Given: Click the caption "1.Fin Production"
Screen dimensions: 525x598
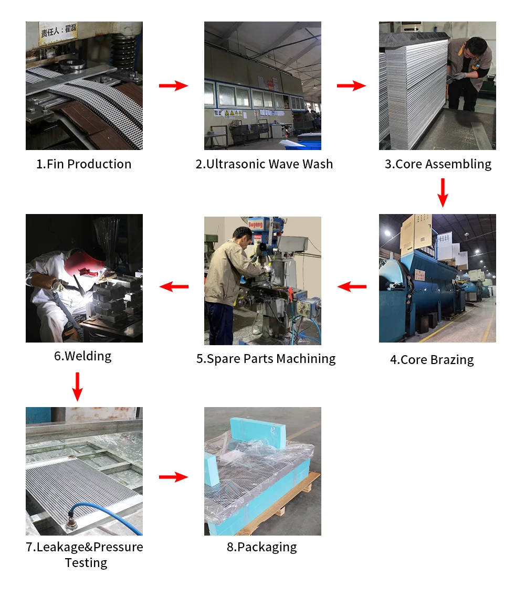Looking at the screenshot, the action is click(83, 164).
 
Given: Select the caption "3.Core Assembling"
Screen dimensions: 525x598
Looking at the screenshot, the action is click(438, 164).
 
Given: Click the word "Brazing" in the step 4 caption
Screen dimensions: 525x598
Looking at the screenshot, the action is click(452, 360).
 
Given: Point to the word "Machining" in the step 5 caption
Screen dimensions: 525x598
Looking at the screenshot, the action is click(306, 359).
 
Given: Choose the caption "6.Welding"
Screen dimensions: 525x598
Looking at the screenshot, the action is click(83, 356).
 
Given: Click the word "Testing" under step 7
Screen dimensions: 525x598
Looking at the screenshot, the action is click(86, 563).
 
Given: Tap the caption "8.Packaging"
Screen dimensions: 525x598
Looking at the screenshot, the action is click(261, 547).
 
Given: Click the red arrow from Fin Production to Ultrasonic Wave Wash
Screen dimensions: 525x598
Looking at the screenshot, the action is click(174, 86).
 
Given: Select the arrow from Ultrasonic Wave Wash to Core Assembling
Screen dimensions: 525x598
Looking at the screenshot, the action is click(352, 86).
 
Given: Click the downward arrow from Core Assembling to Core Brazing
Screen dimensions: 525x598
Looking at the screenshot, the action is click(443, 193).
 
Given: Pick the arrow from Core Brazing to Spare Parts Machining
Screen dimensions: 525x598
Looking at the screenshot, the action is click(352, 286).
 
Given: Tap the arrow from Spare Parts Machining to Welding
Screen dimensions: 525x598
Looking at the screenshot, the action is click(174, 286).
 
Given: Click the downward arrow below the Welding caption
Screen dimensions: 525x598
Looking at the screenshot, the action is click(78, 387).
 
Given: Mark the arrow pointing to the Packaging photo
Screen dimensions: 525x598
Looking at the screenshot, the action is click(174, 477).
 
